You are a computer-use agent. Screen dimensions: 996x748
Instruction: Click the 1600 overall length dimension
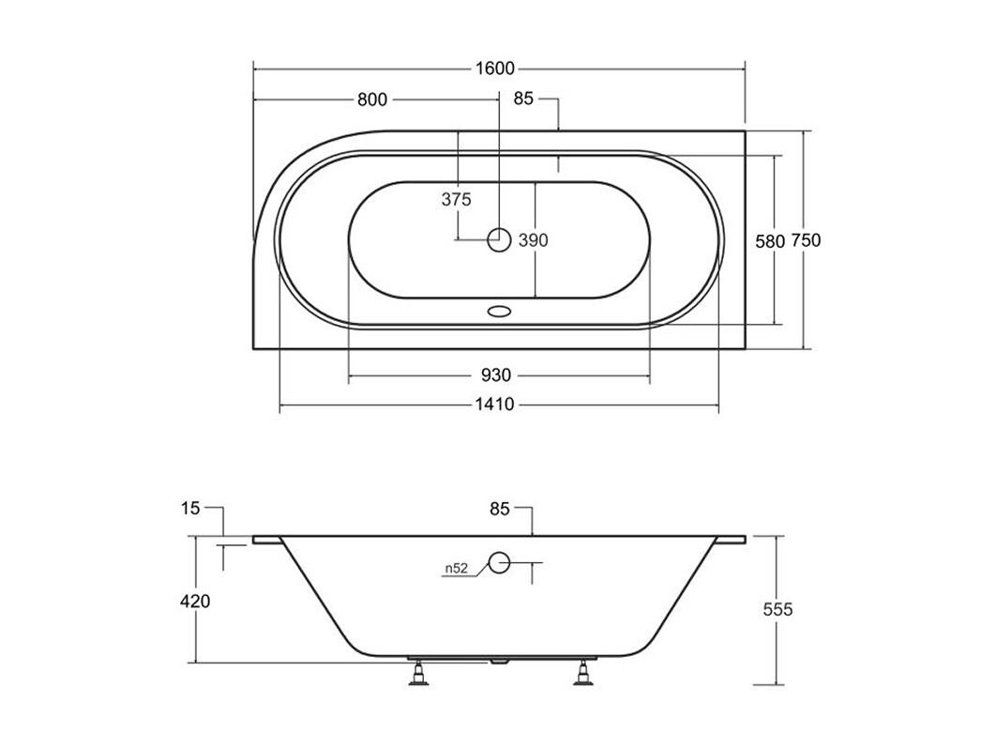point(495,68)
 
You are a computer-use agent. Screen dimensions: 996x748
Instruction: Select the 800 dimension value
point(372,99)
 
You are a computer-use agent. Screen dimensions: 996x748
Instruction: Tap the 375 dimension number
point(457,200)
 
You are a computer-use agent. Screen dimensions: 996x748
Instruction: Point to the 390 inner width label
point(533,240)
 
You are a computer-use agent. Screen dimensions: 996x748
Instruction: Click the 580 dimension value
point(770,240)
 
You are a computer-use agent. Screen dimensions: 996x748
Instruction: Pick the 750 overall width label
point(806,240)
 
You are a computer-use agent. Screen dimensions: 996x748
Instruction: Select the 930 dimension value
point(495,375)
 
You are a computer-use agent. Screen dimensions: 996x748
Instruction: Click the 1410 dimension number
point(495,405)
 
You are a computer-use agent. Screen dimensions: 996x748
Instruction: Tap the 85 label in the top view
point(523,99)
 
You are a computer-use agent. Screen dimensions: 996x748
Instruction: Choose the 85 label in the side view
point(500,509)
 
